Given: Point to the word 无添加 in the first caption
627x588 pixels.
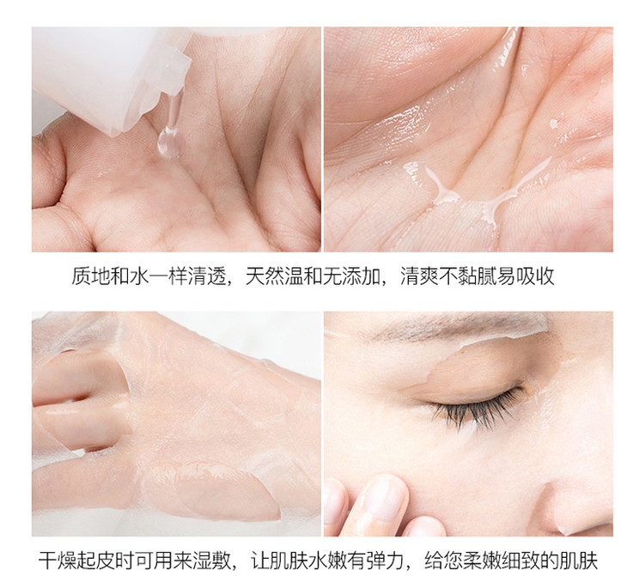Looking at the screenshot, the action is click(352, 276).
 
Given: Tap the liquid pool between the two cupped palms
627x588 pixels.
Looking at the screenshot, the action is click(464, 200).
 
